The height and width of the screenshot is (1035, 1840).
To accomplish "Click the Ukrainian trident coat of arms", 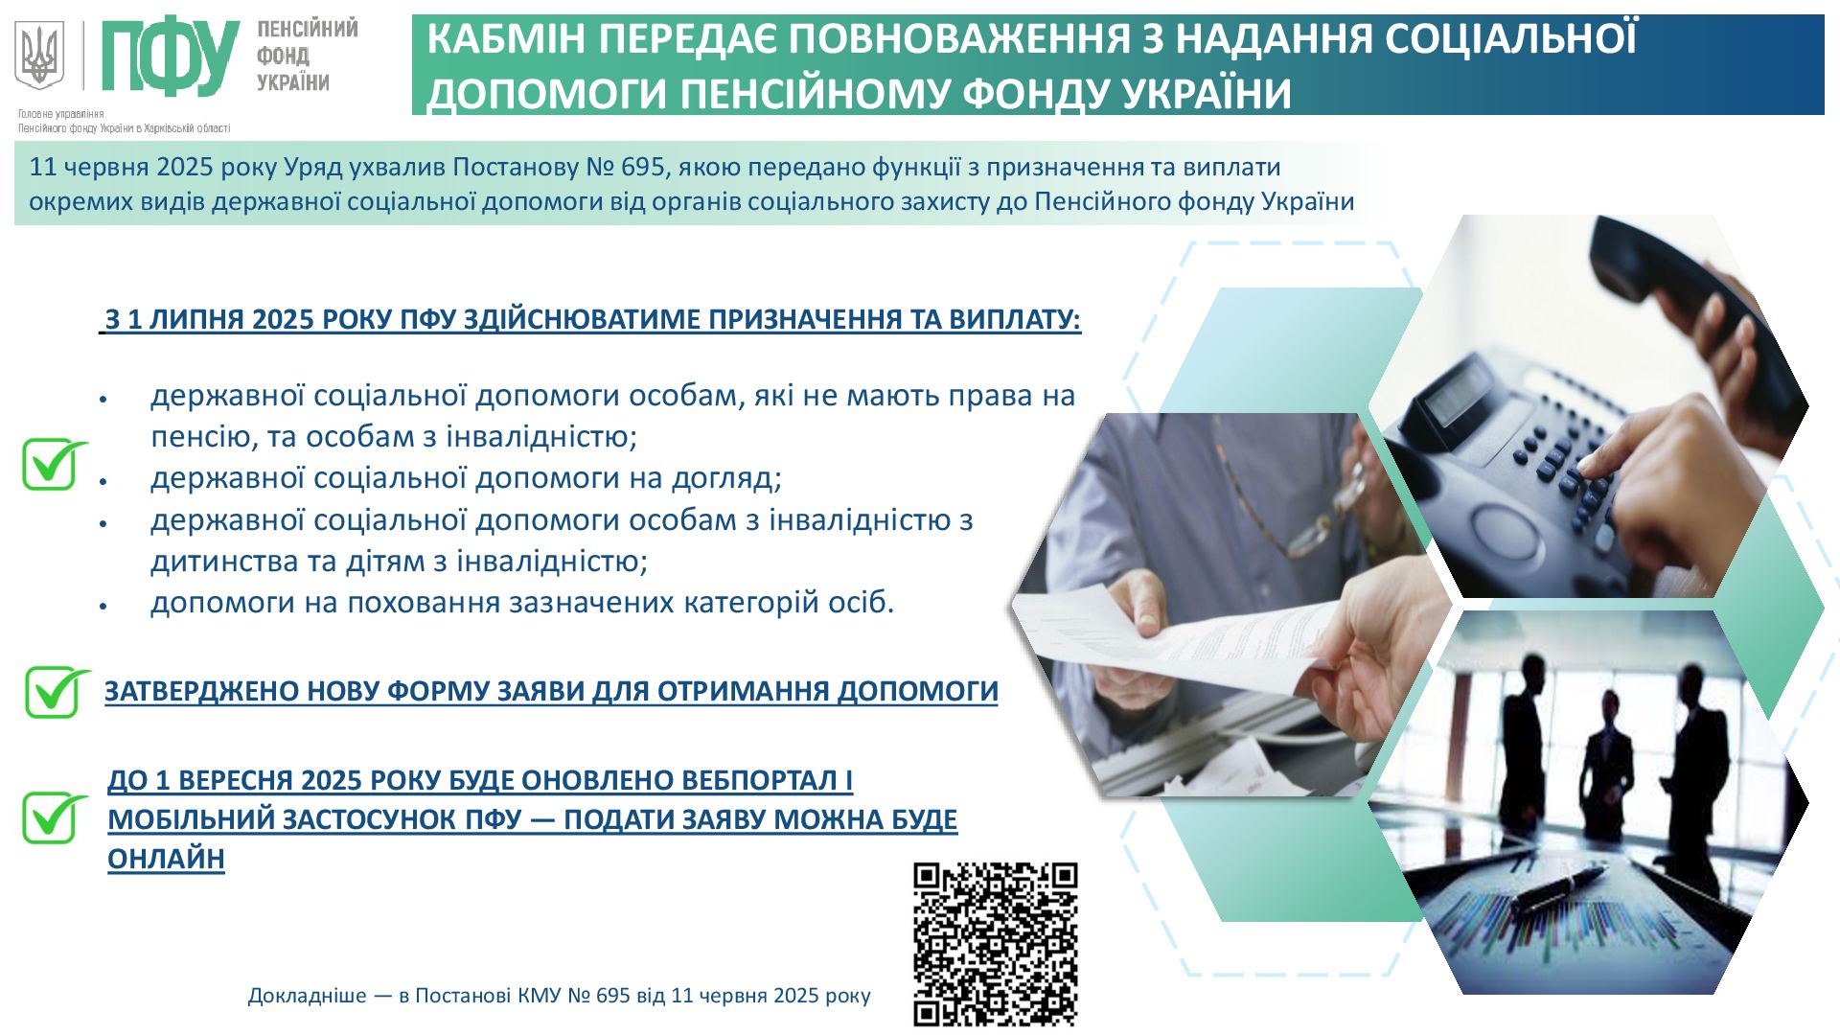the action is point(39,56).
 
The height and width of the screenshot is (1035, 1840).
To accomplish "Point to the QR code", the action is point(995,944).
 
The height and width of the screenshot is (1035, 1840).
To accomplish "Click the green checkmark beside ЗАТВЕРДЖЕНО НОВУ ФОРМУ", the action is point(57,691).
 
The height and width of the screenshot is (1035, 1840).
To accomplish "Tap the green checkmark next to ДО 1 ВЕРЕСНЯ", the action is point(56,817).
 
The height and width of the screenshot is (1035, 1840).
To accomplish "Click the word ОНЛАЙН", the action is point(166,859).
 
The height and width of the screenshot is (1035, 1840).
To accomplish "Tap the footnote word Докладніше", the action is point(307,995).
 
